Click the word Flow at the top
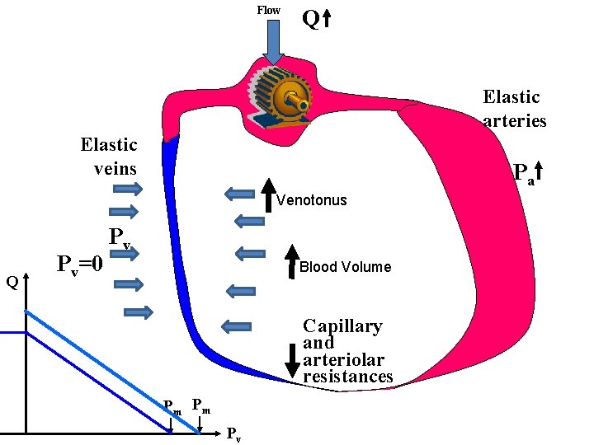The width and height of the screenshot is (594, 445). (268, 10)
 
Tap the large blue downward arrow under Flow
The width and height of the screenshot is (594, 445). (273, 41)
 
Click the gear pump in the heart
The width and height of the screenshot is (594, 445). (280, 99)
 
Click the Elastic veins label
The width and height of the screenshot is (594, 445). (109, 157)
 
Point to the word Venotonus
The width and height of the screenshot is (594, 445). (312, 200)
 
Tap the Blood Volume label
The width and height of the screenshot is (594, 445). (345, 267)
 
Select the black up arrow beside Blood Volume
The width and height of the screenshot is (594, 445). (292, 259)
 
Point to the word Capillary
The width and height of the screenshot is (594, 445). (342, 326)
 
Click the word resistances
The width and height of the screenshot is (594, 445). (347, 377)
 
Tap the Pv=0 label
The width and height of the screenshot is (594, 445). (79, 265)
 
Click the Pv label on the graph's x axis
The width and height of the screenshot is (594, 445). (234, 434)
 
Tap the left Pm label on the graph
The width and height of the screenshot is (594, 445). (172, 405)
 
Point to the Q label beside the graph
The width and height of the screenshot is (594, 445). (12, 283)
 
